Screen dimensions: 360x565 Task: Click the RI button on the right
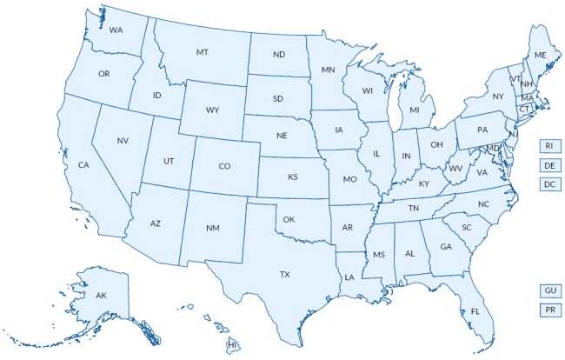tap(549, 145)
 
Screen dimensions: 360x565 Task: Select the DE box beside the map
tap(549, 165)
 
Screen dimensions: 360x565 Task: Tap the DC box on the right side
tap(549, 184)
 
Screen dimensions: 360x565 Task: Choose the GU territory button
tap(549, 290)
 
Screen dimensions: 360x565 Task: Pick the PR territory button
tap(549, 310)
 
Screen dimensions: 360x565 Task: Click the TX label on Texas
tap(284, 274)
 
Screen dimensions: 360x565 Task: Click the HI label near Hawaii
tap(233, 345)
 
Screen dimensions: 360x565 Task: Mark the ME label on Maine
tap(540, 55)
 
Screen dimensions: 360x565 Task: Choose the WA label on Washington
tap(116, 30)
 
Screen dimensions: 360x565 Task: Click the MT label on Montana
tap(203, 52)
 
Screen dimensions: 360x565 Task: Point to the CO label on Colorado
tap(224, 166)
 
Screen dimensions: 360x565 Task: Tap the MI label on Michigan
tap(415, 110)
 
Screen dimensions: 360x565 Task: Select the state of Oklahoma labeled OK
tap(289, 219)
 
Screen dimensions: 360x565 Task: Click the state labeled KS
tap(293, 177)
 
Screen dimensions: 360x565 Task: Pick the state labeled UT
tap(169, 160)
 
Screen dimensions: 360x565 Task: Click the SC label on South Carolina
tap(466, 227)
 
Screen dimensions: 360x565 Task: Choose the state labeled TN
tap(414, 209)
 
